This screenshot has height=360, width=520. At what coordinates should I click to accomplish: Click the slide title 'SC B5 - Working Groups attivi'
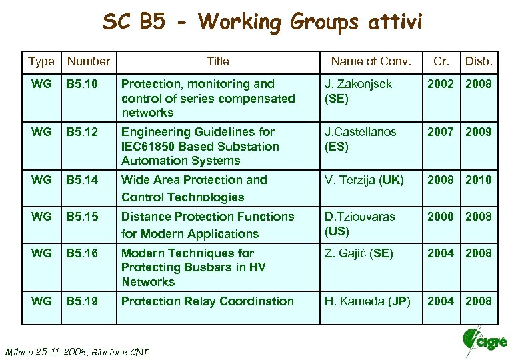262,22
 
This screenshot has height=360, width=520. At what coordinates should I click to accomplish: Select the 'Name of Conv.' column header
371,61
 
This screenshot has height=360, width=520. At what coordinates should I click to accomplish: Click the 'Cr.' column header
441,61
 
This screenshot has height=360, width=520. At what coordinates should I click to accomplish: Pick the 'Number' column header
89,61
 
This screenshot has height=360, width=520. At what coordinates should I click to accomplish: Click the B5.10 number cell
81,84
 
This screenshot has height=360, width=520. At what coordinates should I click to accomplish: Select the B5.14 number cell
81,180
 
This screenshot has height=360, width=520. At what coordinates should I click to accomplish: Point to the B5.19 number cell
81,301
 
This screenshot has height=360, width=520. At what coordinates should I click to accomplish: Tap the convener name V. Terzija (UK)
364,180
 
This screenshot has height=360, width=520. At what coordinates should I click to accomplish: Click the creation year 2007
441,132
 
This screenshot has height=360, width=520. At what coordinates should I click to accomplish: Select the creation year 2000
441,217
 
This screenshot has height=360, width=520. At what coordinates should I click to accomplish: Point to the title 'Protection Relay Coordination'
207,301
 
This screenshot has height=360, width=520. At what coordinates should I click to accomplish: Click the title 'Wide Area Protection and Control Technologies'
193,188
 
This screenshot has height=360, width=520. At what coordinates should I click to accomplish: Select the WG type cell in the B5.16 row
41,253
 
